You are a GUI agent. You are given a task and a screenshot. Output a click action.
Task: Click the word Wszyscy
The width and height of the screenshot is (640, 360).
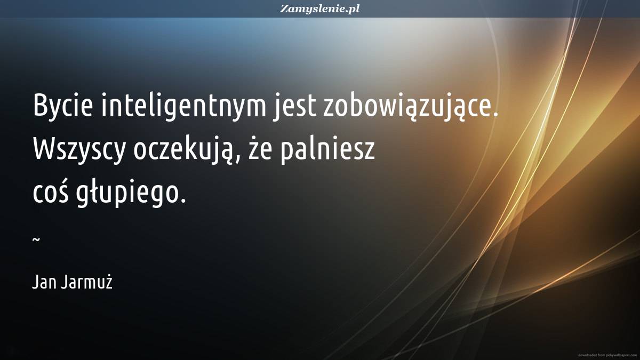[79, 149]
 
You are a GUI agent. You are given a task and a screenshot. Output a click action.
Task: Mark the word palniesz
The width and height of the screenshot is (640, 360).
[327, 149]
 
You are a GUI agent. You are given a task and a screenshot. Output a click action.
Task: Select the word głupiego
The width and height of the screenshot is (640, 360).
[127, 193]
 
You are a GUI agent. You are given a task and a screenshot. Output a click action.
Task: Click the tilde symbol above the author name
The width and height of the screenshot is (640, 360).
[36, 239]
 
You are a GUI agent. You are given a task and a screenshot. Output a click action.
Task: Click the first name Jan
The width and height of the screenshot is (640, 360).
[43, 282]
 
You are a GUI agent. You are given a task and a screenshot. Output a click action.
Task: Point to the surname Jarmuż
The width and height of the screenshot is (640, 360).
[86, 282]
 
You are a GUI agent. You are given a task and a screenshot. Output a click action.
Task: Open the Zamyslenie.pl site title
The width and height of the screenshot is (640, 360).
[319, 9]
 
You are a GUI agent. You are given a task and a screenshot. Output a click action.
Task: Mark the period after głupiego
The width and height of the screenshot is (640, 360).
[183, 200]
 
